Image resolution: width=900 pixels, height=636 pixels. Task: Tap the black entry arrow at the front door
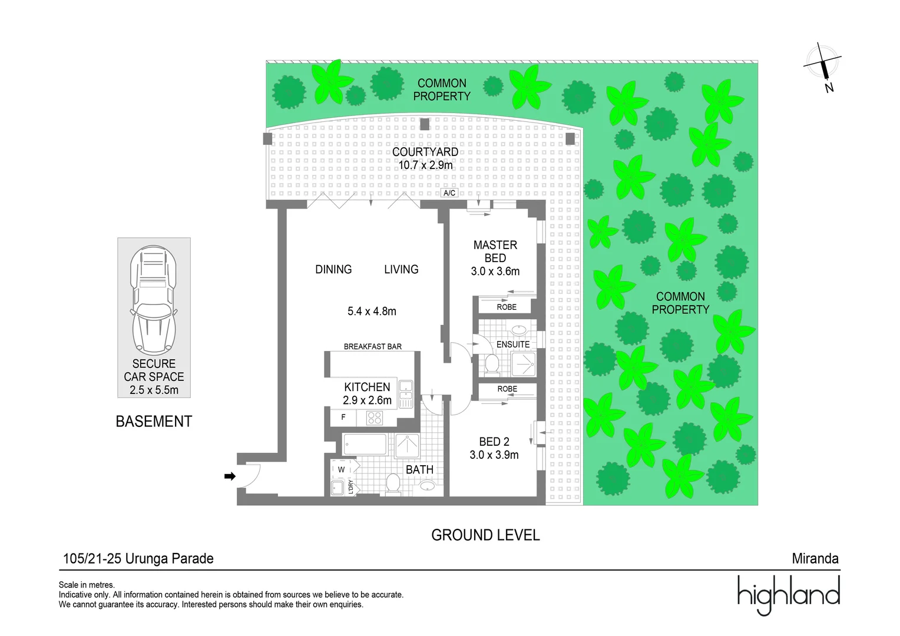(x=230, y=476)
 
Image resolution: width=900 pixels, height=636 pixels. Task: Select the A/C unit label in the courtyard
(x=449, y=193)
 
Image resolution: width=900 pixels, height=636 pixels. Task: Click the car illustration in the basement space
(x=154, y=300)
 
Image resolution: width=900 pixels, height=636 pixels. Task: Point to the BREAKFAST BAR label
(x=372, y=347)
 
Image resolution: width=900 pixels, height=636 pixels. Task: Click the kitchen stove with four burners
(x=375, y=418)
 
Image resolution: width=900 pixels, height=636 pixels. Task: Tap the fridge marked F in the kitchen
(x=343, y=418)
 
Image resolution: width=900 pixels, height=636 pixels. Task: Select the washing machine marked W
(x=342, y=469)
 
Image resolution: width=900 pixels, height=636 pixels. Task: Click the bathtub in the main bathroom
(x=365, y=445)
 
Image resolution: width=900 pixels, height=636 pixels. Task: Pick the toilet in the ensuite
(x=492, y=365)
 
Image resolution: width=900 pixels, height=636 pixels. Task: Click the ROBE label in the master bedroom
(x=506, y=307)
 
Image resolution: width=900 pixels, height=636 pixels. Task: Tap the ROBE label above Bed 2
(x=507, y=389)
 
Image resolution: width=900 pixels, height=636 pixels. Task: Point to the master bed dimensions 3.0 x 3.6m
(x=495, y=271)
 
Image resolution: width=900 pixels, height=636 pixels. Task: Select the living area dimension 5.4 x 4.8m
(x=372, y=312)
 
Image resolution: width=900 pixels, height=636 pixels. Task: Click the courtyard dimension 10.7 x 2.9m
(x=425, y=165)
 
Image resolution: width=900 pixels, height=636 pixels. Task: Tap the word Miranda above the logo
(x=815, y=558)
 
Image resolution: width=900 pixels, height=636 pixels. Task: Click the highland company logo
(x=788, y=594)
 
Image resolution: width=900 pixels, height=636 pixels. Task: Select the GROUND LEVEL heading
(x=485, y=535)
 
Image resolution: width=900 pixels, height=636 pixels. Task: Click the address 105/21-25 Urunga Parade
(x=138, y=558)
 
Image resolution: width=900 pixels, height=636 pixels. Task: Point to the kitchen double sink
(x=406, y=394)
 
